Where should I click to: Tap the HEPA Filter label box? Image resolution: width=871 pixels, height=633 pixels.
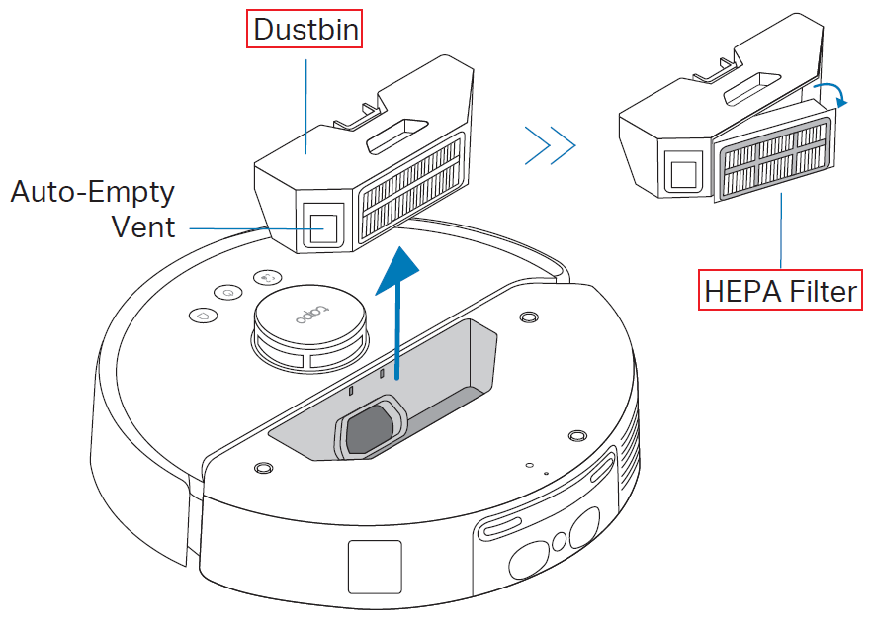point(780,292)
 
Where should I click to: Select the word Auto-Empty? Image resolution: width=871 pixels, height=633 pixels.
point(92,191)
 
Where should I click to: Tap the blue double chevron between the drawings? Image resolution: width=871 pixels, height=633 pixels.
point(550,147)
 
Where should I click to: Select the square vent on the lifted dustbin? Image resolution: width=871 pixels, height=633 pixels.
point(320,225)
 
